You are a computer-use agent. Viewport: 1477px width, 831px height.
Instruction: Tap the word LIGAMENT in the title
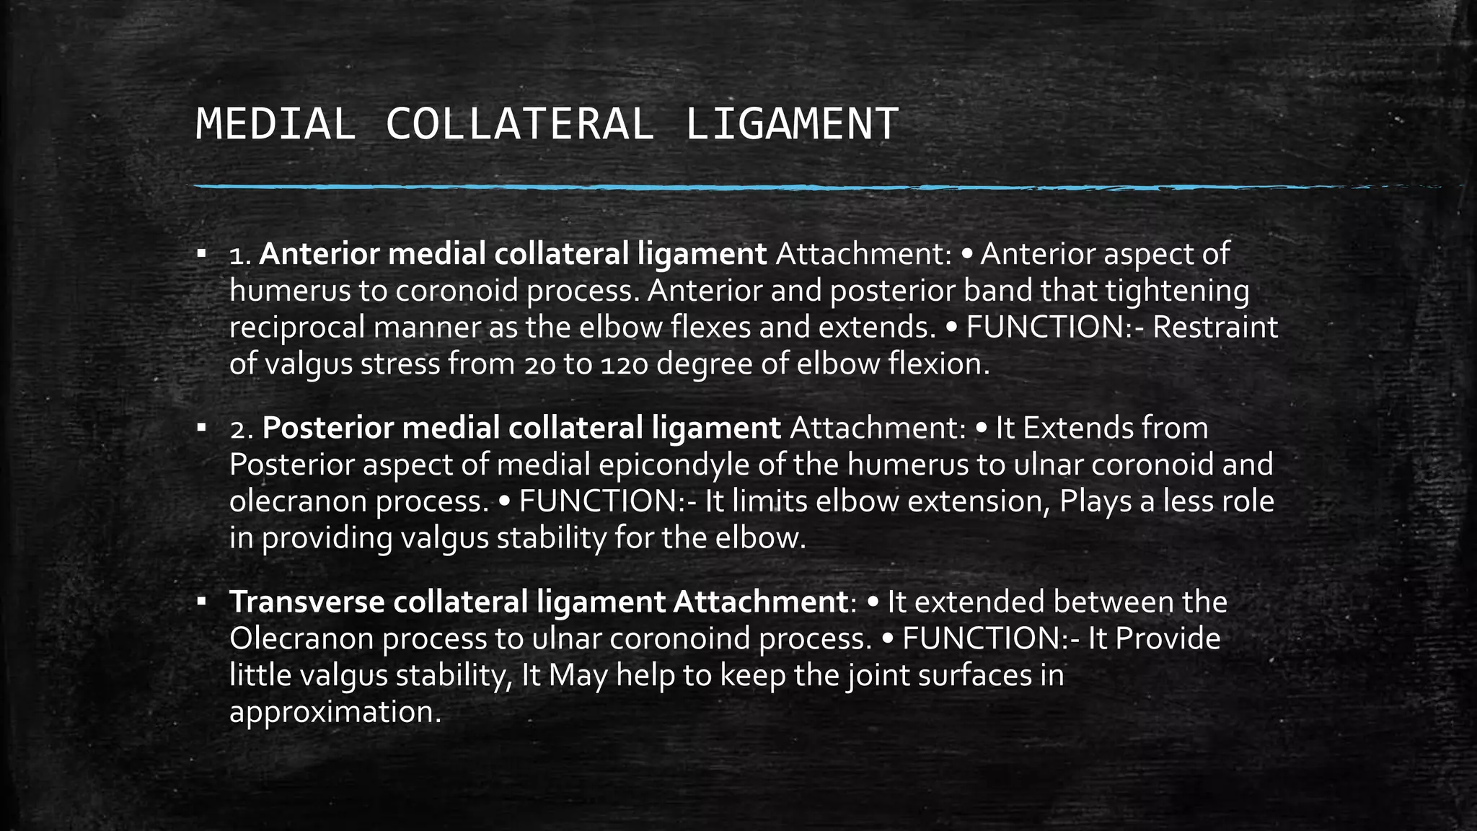pyautogui.click(x=791, y=124)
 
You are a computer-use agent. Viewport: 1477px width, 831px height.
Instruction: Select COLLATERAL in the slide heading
pyautogui.click(x=520, y=124)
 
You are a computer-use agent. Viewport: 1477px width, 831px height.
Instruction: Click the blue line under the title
pyautogui.click(x=721, y=188)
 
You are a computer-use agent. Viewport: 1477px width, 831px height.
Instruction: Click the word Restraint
pyautogui.click(x=1214, y=327)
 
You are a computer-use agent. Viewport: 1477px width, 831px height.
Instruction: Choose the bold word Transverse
pyautogui.click(x=307, y=602)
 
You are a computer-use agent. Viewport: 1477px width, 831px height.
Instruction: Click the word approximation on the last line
pyautogui.click(x=335, y=712)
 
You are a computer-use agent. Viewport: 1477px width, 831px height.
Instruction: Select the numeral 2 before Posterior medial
pyautogui.click(x=238, y=429)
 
